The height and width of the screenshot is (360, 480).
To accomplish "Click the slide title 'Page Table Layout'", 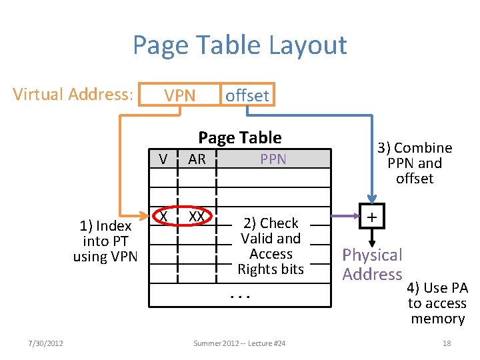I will pos(239,45).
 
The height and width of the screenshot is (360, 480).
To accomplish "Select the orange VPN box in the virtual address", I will pos(180,95).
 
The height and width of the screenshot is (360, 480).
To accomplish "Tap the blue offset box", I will pos(247,95).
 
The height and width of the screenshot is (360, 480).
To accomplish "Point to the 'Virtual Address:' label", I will pos(73,94).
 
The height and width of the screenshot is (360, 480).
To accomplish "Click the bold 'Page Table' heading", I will pos(239,137).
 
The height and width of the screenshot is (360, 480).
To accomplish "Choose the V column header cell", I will pos(163,159).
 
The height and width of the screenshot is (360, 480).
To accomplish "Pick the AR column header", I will pos(197,159).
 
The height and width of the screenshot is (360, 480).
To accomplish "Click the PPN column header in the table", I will pos(273,159).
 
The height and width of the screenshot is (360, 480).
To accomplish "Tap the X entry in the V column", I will pos(163,217).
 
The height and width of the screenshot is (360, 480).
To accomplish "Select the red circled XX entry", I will pos(197,217).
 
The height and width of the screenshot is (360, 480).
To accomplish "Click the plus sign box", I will pos(373,217).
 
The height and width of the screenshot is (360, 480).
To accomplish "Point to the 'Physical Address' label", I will pos(373,264).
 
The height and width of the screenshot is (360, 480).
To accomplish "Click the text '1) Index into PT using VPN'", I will pos(105,241).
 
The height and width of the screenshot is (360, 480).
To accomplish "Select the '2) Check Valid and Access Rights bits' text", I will pos(271,246).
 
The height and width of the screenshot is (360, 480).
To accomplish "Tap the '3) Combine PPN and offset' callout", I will pos(414,163).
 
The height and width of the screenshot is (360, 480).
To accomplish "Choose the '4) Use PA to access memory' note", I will pos(437,303).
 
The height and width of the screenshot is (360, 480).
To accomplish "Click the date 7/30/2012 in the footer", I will pos(46,343).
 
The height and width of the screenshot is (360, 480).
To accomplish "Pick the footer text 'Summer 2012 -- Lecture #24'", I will pos(239,343).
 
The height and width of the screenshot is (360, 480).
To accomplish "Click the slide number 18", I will pos(447,343).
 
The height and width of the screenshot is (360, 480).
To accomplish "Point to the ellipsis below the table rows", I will pos(239,295).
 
